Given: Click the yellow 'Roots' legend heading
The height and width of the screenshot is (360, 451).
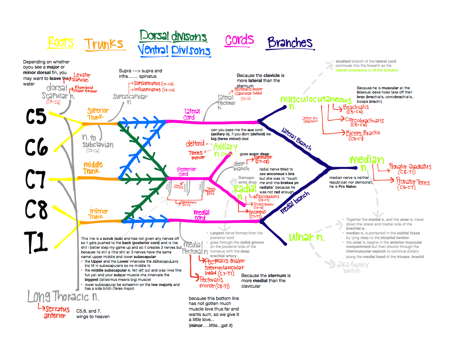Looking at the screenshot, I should pos(60,42).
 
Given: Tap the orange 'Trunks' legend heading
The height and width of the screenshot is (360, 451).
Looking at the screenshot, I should pos(104,44).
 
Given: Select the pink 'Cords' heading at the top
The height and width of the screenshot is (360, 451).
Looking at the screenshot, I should pos(239,40).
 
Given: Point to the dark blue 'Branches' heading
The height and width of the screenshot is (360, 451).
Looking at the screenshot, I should pos(290,42).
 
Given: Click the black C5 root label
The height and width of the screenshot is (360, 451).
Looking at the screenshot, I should pos(36,117).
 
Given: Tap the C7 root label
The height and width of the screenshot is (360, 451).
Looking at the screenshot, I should pos(36,179).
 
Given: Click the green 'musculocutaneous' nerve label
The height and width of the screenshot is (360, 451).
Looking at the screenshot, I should pos(317,100).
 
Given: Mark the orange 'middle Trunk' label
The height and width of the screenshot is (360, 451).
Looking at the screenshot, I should pos(93,168).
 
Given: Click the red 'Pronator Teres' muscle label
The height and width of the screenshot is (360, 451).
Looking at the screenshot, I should pos(413,182).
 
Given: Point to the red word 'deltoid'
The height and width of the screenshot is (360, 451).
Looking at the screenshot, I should pos(195,144).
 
